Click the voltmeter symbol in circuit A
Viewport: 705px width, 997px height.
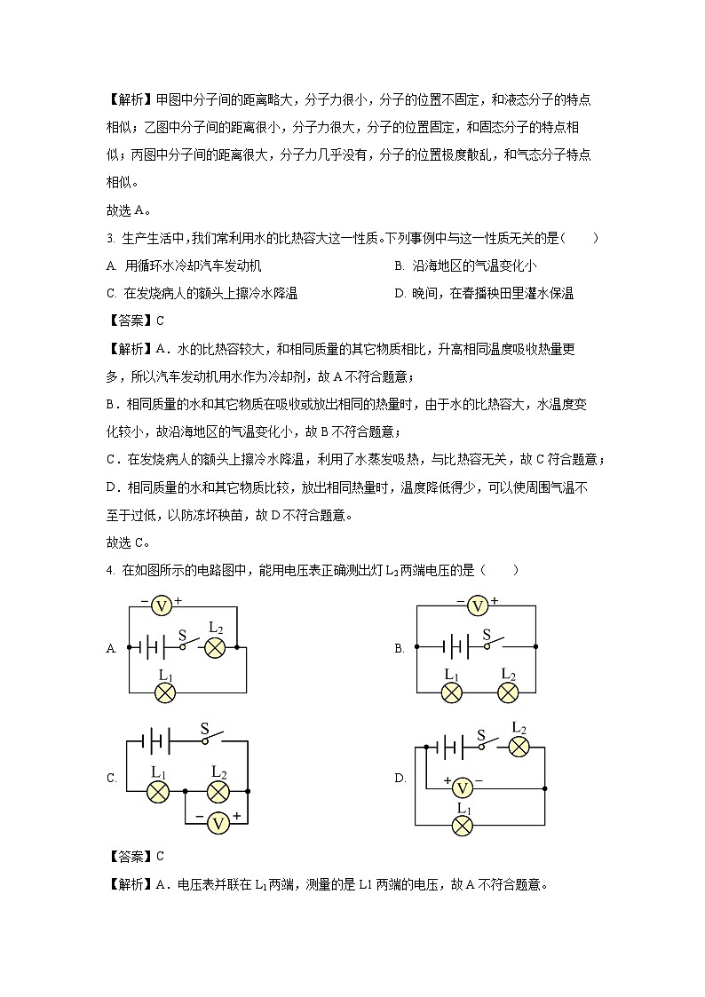[x=161, y=605]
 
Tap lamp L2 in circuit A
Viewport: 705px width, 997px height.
[x=214, y=648]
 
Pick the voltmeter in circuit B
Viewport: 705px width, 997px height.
[x=478, y=605]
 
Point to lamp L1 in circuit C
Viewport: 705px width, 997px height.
[x=158, y=790]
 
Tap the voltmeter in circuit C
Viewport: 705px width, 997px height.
[x=218, y=823]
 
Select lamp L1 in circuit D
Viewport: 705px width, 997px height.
[x=462, y=825]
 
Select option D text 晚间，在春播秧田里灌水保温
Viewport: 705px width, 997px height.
[x=484, y=293]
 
